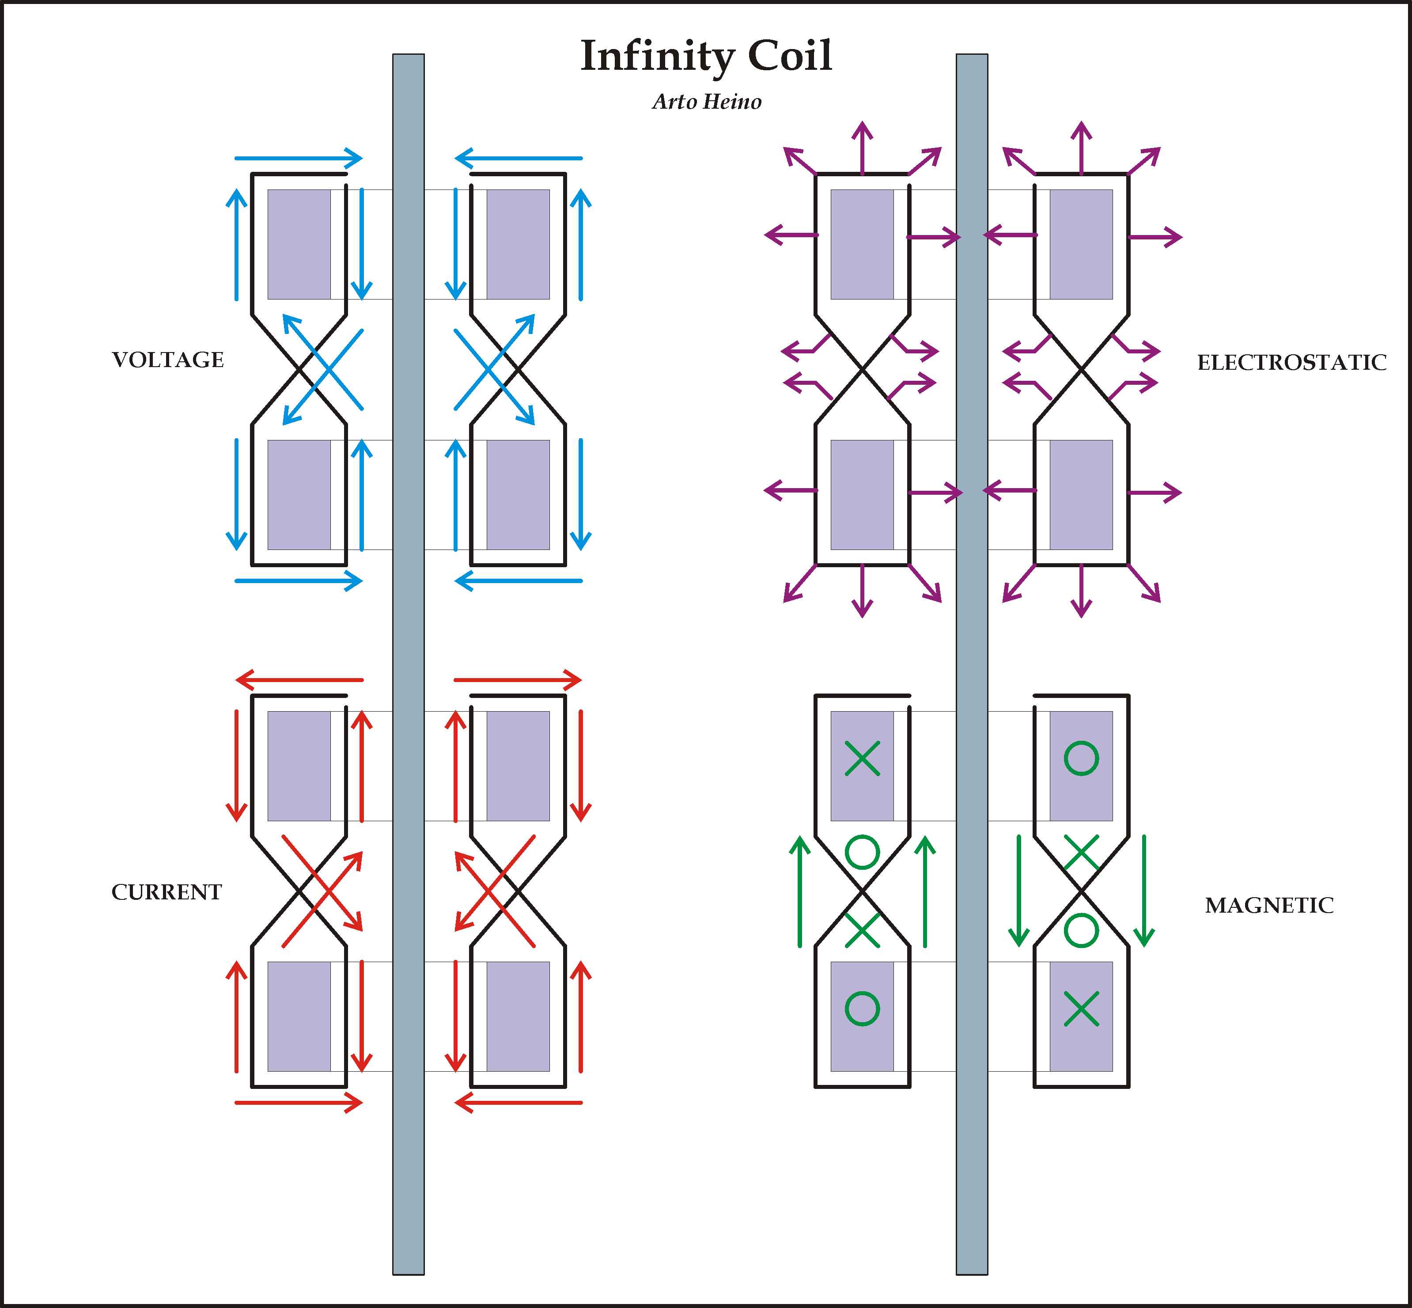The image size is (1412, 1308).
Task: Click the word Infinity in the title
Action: pos(656,57)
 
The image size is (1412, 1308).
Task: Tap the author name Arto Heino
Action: pos(706,102)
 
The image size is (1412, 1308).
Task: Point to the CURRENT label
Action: pos(167,892)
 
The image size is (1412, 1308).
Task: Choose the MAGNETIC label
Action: pos(1269,905)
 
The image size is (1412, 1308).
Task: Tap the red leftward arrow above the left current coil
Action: pos(298,680)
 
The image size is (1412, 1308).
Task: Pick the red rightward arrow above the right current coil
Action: pos(518,680)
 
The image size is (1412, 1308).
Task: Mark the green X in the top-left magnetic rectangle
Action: pos(862,759)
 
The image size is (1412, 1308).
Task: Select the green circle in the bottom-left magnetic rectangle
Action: pos(862,1008)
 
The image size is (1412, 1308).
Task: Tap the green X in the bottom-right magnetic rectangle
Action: pos(1081,1008)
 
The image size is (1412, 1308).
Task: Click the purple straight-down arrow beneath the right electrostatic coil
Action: pos(1081,591)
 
